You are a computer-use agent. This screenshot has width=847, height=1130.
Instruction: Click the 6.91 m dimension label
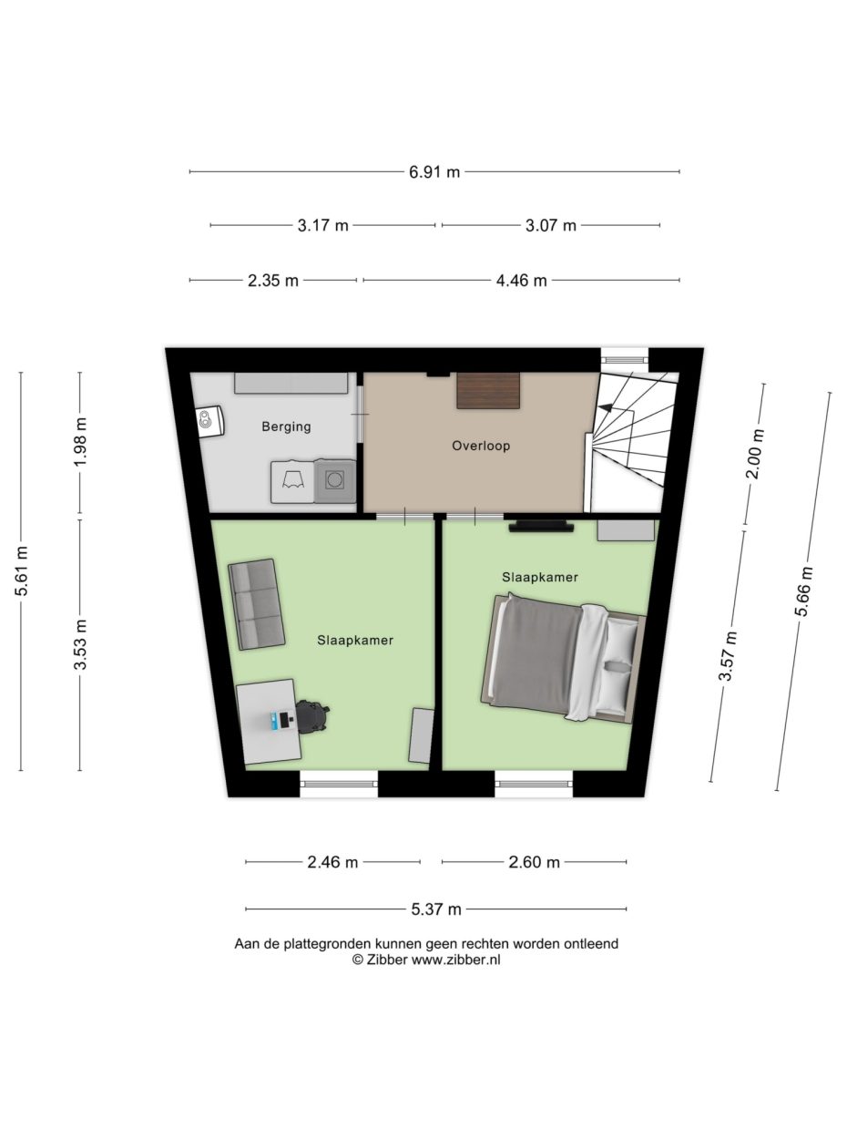point(434,172)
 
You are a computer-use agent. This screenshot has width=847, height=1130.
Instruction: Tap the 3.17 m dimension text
point(323,225)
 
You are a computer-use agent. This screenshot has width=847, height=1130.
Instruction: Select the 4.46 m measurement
point(522,281)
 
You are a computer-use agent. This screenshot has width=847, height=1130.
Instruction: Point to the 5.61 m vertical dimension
point(22,571)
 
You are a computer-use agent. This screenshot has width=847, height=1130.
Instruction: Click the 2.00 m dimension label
point(754,454)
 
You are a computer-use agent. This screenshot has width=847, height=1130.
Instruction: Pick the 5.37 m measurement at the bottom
point(436,909)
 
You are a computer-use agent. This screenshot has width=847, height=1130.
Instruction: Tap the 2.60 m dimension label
point(534,862)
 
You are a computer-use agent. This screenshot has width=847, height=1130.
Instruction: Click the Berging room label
point(287,426)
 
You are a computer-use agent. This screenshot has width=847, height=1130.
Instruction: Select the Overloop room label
point(481,446)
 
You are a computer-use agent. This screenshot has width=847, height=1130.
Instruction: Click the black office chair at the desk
point(311,716)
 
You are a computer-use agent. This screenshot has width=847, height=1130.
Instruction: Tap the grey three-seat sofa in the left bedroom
point(256,604)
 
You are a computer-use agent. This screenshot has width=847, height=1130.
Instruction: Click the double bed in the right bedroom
point(563,659)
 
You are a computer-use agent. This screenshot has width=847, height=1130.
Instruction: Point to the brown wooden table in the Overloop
point(488,391)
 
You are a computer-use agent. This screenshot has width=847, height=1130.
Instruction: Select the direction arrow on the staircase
point(607,408)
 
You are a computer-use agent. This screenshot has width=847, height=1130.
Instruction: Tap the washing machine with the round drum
point(335,481)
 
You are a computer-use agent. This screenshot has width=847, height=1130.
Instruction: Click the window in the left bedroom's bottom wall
point(339,784)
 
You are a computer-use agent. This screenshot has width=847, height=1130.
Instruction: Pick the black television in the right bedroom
point(541,526)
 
